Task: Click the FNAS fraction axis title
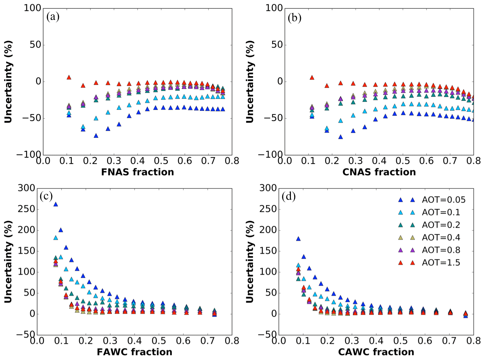pos(137,172)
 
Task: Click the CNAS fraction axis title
pos(379,172)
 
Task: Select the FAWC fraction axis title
pos(134,352)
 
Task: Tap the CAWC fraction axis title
pos(376,352)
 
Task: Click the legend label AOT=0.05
pos(444,200)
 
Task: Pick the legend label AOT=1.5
pos(441,263)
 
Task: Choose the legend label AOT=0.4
pos(441,238)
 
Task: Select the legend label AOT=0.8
pos(441,250)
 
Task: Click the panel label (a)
pos(53,17)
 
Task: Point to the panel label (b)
pos(294,18)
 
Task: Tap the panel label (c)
pos(46,196)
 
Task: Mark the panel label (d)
pos(288,196)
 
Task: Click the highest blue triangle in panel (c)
pos(56,204)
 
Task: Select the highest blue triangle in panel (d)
pos(298,239)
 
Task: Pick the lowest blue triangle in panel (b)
pos(340,137)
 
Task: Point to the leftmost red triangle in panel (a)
pos(69,77)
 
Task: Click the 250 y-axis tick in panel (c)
pos(26,209)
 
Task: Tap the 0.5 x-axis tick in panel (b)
pos(403,161)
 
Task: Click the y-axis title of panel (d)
pos(250,261)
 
